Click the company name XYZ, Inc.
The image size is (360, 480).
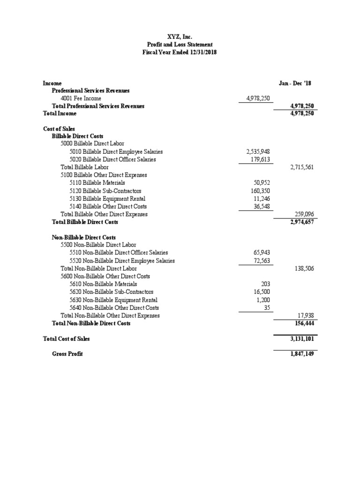click(x=180, y=37)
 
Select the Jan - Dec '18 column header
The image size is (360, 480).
click(x=295, y=83)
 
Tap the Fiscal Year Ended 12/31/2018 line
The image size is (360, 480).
click(x=180, y=52)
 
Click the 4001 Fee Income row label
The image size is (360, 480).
click(x=81, y=98)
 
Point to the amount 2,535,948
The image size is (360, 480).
click(x=258, y=151)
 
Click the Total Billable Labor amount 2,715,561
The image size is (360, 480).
click(x=302, y=167)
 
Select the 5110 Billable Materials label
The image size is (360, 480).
click(x=97, y=182)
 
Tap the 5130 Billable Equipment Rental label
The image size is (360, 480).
click(x=107, y=198)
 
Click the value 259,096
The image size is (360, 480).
click(x=303, y=214)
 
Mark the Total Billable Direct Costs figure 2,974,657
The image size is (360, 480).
click(x=302, y=222)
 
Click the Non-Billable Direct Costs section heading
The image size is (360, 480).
click(x=83, y=238)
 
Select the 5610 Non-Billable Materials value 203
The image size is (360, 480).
click(x=265, y=284)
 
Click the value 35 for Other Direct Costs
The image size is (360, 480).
click(x=267, y=307)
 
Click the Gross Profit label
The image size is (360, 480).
click(x=67, y=354)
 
